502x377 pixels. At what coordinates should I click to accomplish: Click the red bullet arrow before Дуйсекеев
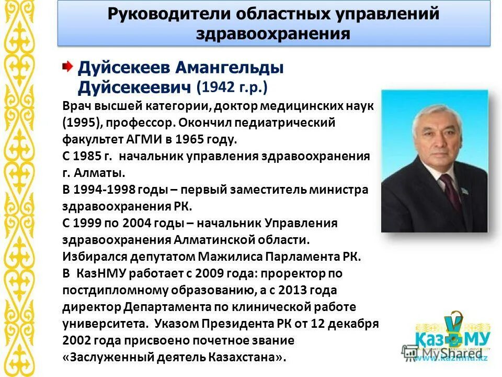[x=67, y=66]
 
